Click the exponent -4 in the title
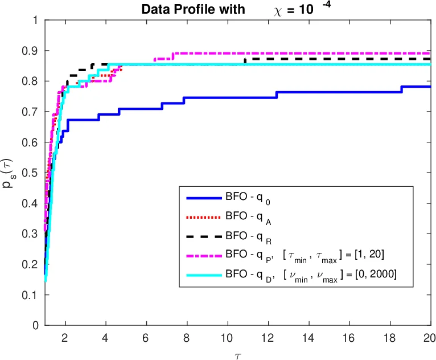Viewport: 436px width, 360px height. click(x=327, y=6)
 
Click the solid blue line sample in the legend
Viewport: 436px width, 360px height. click(x=203, y=198)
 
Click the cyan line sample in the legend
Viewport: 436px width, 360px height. click(x=203, y=275)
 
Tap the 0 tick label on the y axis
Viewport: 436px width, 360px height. click(x=35, y=326)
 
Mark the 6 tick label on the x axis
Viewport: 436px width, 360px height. click(x=146, y=337)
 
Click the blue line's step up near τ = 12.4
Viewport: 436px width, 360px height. click(x=277, y=95)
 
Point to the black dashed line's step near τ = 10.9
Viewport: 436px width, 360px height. click(x=245, y=61)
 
